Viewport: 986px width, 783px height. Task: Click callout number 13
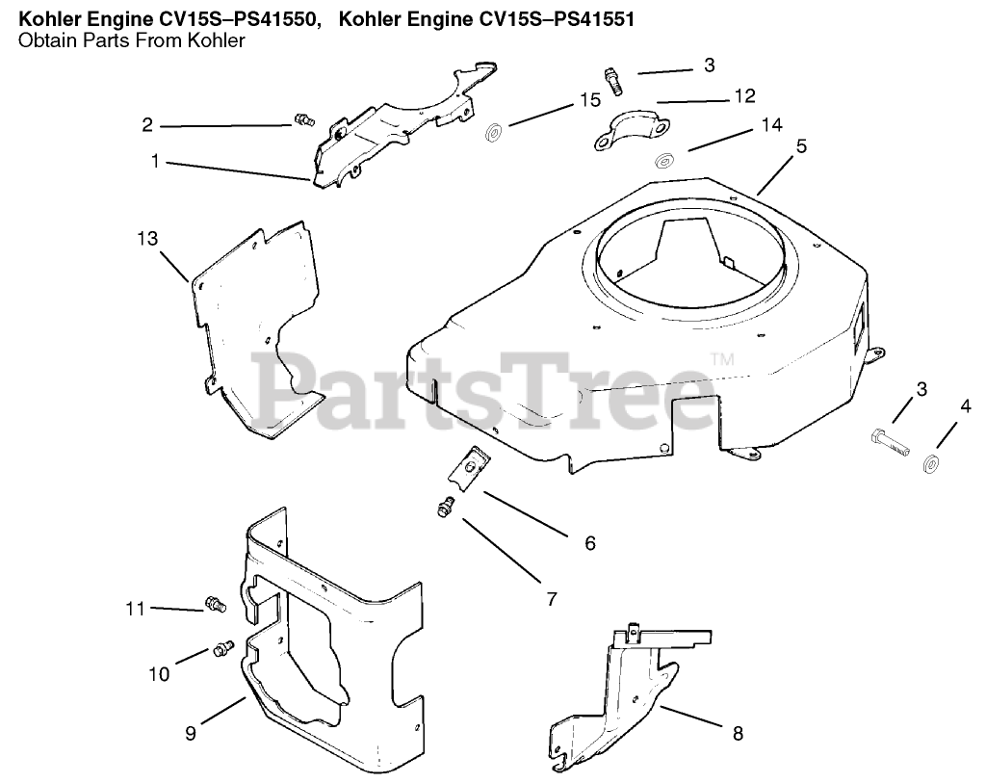point(147,239)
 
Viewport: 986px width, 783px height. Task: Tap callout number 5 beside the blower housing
point(801,146)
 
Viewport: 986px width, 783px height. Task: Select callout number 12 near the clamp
point(744,96)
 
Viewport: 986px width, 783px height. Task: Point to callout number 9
point(191,733)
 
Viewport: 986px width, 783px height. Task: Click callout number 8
point(738,733)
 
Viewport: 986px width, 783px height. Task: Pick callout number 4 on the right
point(966,406)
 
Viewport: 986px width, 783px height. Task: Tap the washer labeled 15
point(493,133)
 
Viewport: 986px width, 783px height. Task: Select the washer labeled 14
point(662,161)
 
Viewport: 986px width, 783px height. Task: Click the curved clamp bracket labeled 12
point(630,129)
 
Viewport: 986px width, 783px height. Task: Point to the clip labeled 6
point(470,468)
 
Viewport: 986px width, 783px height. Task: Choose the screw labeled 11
point(215,605)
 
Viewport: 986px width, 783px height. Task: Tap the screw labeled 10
point(223,648)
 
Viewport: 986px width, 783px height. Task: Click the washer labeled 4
point(931,464)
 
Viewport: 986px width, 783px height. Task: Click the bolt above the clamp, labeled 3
point(613,82)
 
